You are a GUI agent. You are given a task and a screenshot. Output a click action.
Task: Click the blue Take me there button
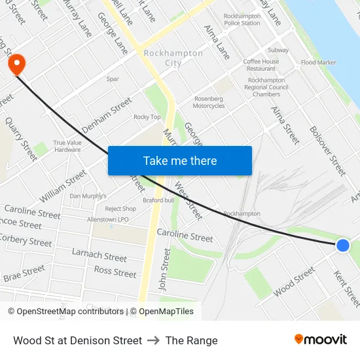[179, 160]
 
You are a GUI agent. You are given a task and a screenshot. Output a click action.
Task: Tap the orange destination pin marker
[15, 64]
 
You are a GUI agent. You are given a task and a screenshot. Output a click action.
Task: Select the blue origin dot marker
[342, 245]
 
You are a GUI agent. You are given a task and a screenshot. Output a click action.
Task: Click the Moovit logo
[320, 340]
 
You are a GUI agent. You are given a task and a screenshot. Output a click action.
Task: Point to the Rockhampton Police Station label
[242, 19]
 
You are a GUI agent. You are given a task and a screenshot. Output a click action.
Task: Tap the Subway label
[278, 50]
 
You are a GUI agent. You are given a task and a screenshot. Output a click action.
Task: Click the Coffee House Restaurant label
[261, 65]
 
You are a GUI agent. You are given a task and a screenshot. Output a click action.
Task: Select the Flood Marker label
[319, 63]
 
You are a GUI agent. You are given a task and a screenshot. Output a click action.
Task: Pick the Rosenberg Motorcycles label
[209, 102]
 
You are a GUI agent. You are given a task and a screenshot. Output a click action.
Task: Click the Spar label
[113, 79]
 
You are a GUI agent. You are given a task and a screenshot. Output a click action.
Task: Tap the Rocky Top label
[147, 117]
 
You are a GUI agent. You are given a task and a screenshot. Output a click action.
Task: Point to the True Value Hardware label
[67, 145]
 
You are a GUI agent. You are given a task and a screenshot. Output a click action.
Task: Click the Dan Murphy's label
[88, 196]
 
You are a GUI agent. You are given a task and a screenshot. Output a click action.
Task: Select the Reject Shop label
[120, 209]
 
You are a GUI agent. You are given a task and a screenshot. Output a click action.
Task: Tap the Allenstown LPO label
[109, 220]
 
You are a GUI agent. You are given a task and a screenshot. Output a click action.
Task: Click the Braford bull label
[158, 200]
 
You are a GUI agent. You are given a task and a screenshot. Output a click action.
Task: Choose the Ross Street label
[115, 271]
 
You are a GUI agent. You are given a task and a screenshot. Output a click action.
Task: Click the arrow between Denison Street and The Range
[154, 340]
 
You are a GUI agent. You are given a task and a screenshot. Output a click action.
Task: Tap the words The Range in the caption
[191, 340]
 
